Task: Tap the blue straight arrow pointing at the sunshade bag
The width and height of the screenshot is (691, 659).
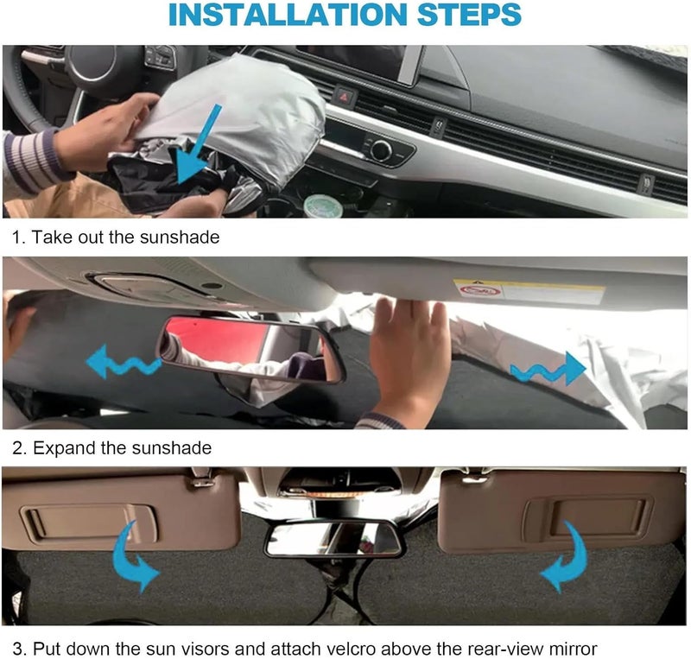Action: (205, 143)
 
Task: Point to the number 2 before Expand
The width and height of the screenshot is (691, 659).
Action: (16, 448)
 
